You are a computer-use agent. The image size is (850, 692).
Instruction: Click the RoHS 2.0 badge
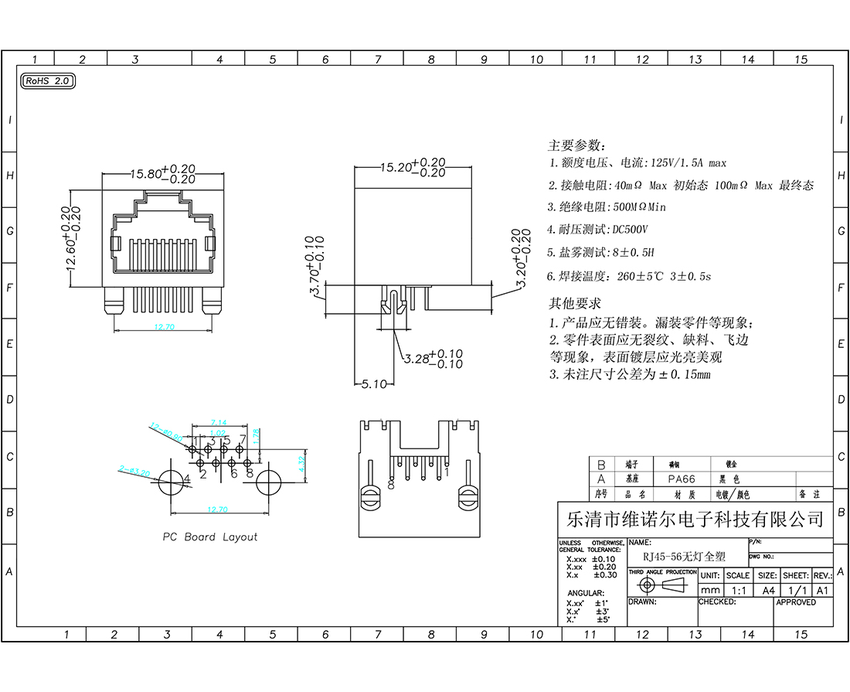click(47, 80)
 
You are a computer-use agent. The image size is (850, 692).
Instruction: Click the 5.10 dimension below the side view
click(373, 384)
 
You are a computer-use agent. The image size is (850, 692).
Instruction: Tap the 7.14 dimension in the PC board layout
click(218, 422)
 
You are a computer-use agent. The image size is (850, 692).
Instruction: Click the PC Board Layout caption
click(209, 537)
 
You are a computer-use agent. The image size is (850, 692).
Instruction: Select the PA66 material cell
click(682, 479)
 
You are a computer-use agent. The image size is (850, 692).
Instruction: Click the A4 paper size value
click(768, 590)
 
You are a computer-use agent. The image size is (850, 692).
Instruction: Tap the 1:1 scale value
click(738, 590)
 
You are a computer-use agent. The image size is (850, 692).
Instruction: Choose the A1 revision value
click(823, 590)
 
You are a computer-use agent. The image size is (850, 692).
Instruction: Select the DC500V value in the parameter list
click(629, 230)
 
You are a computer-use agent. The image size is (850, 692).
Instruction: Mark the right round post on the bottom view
click(467, 497)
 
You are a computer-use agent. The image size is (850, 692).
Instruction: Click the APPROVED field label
click(796, 602)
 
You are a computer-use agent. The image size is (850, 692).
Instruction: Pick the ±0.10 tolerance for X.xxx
click(604, 559)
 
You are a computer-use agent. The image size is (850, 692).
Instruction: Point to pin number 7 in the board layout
click(243, 439)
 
